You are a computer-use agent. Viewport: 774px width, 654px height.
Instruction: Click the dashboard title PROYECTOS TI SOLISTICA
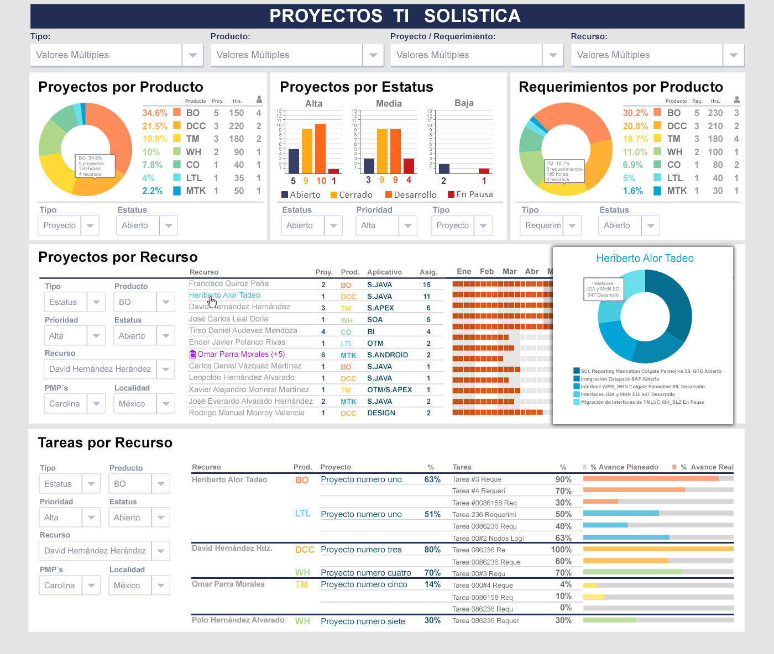[x=395, y=16]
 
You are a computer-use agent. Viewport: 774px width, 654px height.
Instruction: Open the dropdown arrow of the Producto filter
[x=373, y=55]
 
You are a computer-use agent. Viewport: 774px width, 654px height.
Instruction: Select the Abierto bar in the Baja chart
[x=444, y=168]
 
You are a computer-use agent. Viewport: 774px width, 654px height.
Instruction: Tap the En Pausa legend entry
[x=470, y=194]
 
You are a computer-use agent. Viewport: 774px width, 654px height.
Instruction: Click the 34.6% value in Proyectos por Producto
[x=155, y=113]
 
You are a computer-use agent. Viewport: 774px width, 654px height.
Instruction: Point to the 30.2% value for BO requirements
[x=635, y=113]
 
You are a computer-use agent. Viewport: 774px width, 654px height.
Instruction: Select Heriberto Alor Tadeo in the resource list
[x=224, y=296]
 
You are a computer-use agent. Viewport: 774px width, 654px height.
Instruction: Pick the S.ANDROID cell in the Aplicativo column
[x=388, y=355]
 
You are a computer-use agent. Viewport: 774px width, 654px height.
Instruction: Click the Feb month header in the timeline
[x=487, y=272]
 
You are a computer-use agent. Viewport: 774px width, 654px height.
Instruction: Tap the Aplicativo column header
[x=384, y=272]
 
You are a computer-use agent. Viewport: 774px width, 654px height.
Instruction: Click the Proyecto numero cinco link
[x=364, y=585]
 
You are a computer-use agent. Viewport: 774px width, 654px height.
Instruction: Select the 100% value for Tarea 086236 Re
[x=561, y=550]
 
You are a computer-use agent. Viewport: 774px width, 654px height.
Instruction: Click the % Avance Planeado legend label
[x=624, y=467]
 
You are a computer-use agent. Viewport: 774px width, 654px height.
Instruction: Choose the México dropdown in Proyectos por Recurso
[x=144, y=404]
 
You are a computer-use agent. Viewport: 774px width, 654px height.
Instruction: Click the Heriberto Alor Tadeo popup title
[x=645, y=259]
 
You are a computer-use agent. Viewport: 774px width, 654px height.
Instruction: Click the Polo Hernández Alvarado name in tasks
[x=238, y=620]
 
